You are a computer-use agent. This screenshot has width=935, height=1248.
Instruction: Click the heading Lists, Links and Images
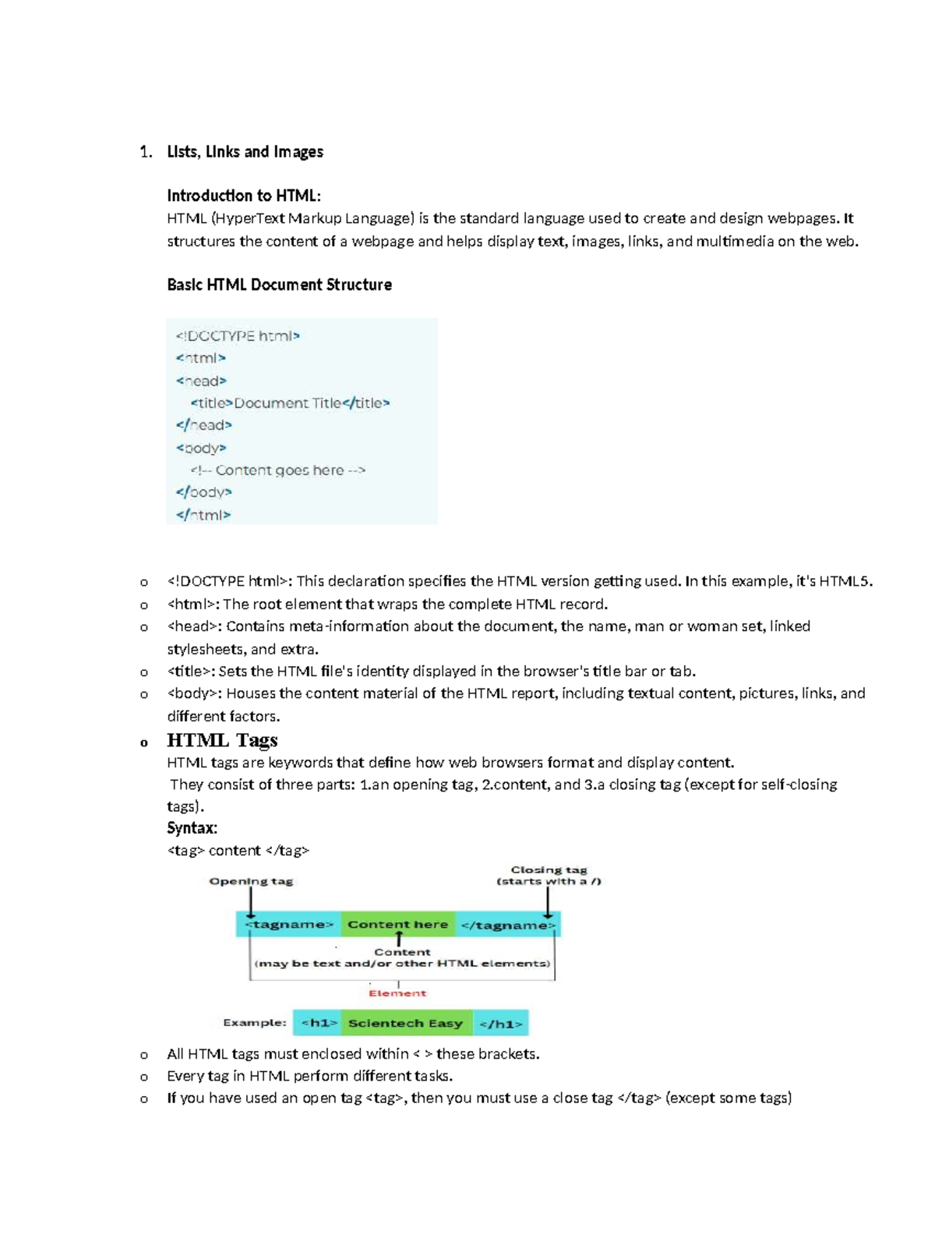(x=245, y=152)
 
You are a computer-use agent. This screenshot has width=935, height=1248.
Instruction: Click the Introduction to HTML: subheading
(x=243, y=196)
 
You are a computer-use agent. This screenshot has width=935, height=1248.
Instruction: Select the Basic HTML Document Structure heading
(x=279, y=285)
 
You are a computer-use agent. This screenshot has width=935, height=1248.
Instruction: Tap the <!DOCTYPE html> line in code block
(x=238, y=336)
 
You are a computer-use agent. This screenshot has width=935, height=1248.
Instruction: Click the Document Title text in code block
(x=288, y=403)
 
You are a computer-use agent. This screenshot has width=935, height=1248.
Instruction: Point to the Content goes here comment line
(x=278, y=470)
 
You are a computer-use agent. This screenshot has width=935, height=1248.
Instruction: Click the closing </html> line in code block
(x=203, y=515)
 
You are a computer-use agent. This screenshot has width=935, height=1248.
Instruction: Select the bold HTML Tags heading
(x=222, y=740)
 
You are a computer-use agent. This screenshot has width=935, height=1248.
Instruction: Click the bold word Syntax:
(x=192, y=828)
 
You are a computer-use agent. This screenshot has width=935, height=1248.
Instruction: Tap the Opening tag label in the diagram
(x=251, y=881)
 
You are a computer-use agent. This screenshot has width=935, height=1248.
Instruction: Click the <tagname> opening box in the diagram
(x=289, y=925)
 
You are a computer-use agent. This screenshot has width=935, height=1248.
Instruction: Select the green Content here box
(x=397, y=925)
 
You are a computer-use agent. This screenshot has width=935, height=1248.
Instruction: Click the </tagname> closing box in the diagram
(x=508, y=925)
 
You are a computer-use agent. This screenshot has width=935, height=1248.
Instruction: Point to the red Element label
(x=397, y=993)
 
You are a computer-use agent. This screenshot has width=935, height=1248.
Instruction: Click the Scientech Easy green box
(x=405, y=1023)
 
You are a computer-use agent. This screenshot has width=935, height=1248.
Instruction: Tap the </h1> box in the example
(x=501, y=1023)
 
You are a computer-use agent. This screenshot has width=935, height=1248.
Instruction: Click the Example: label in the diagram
(x=255, y=1023)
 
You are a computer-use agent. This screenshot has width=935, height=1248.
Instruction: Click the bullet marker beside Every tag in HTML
(x=144, y=1077)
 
